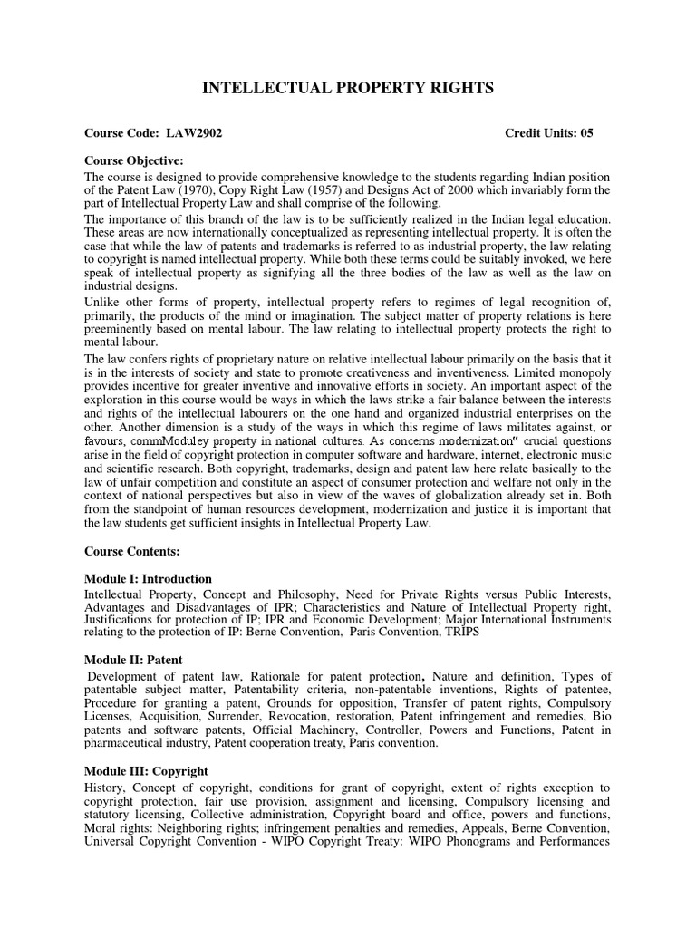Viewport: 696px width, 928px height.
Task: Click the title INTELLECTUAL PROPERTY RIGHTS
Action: pos(348,88)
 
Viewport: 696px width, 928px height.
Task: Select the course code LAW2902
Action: pos(194,133)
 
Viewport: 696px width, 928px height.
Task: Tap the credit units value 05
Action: pos(586,133)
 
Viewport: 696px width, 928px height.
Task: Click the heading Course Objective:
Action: pos(133,161)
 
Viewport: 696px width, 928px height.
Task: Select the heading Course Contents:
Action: pos(132,550)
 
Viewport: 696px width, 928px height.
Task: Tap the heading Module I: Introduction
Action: pos(149,579)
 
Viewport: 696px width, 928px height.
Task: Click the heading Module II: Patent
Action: pos(133,660)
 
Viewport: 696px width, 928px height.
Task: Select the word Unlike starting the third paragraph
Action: pos(101,302)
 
